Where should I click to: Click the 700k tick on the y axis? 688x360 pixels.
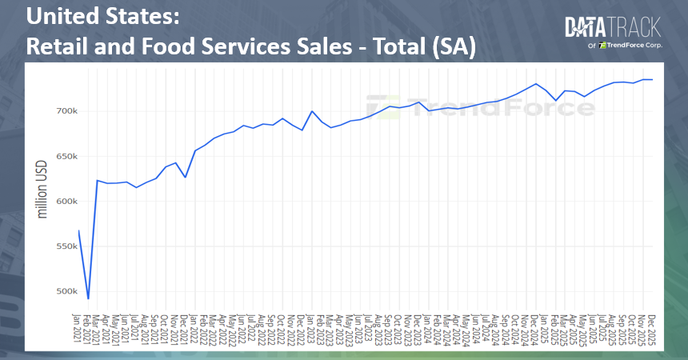tap(65, 110)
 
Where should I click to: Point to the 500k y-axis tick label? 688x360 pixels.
tap(65, 291)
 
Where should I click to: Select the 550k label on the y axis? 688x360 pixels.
tap(65, 246)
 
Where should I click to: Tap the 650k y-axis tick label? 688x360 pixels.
tap(65, 156)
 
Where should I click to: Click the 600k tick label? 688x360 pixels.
tap(65, 201)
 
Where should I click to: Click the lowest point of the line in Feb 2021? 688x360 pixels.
tap(88, 298)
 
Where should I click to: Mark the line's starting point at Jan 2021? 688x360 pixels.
tap(78, 230)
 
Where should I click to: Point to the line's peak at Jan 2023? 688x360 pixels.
tap(312, 111)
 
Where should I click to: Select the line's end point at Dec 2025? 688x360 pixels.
tap(652, 79)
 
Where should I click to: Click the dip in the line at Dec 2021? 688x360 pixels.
tap(186, 177)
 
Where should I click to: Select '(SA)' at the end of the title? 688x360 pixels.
tap(453, 46)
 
